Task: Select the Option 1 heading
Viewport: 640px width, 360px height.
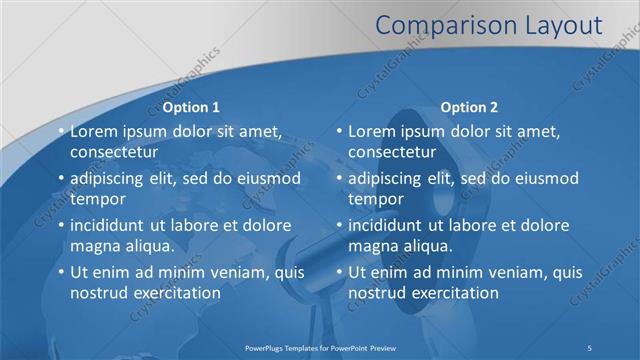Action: click(x=191, y=107)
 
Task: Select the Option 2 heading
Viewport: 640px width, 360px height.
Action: click(x=469, y=107)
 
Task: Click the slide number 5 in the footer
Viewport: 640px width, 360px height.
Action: click(x=590, y=346)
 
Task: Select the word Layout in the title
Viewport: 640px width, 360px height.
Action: click(x=559, y=25)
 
